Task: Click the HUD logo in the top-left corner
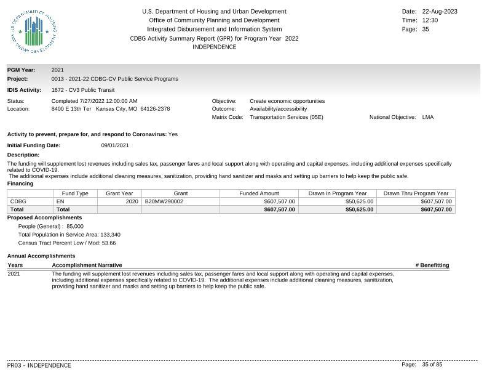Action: [x=34, y=31]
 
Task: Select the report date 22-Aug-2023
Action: [x=440, y=12]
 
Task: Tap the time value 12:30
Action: [x=430, y=20]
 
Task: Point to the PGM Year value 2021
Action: [x=58, y=70]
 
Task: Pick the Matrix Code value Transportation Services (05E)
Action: [x=286, y=117]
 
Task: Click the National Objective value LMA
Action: [x=427, y=117]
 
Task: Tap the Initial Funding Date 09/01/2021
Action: [x=115, y=145]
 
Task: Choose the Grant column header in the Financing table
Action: [x=181, y=193]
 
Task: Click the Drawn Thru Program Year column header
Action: [x=416, y=193]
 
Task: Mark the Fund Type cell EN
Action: [x=60, y=201]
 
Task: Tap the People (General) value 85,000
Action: [x=75, y=226]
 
